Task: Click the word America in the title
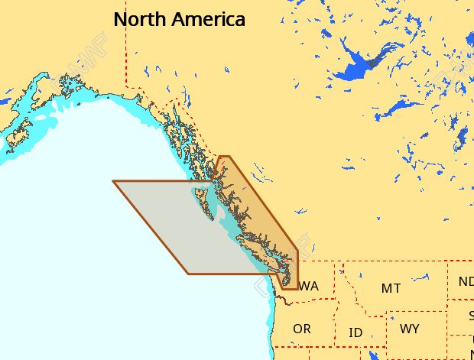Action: [x=208, y=20]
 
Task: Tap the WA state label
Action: [x=309, y=287]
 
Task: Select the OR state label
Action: [x=302, y=329]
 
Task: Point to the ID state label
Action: [x=355, y=333]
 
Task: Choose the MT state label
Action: [x=391, y=288]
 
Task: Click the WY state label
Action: [x=409, y=329]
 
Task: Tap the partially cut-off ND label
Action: [x=466, y=281]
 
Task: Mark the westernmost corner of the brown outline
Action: [x=113, y=181]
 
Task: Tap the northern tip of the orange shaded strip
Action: [x=223, y=157]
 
